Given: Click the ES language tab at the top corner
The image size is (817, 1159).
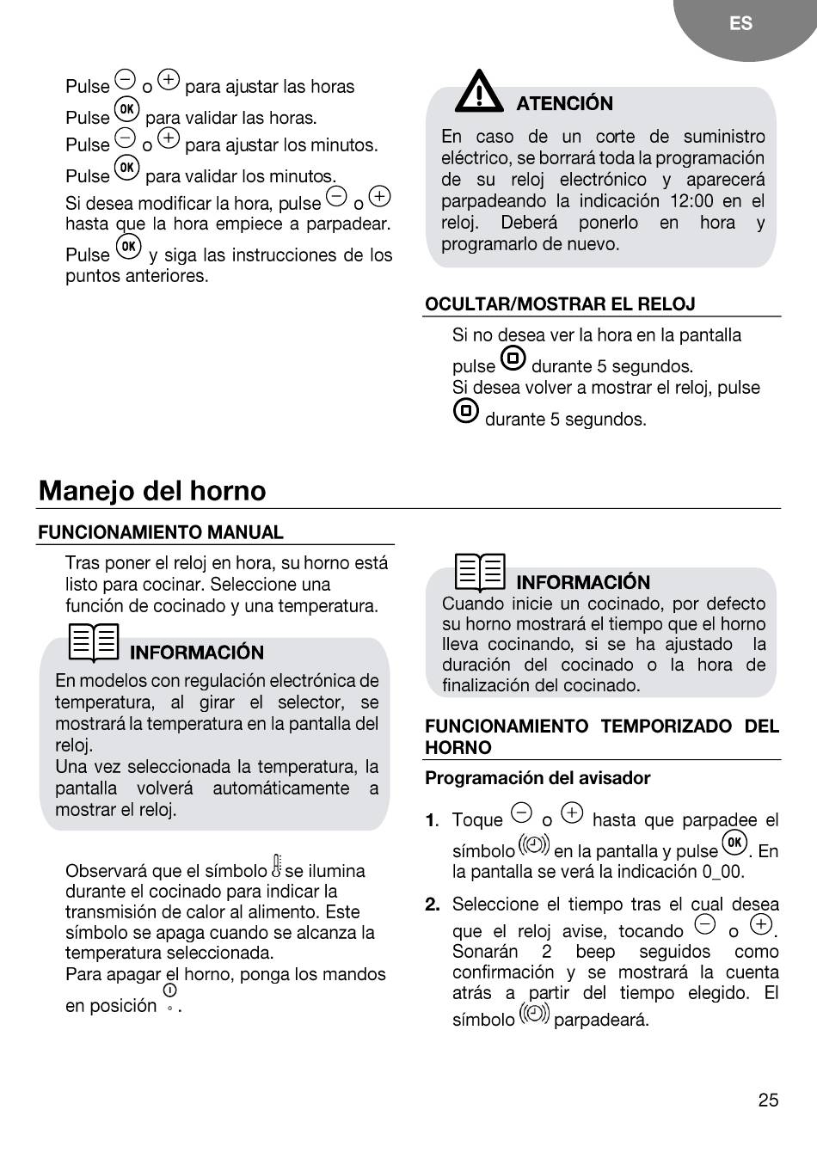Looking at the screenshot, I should pos(740,24).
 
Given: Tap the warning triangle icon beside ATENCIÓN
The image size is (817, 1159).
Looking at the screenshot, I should pos(479,92).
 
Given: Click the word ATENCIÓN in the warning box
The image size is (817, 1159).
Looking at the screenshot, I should pos(564,104).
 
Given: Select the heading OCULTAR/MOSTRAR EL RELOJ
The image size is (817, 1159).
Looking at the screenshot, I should pos(560,304).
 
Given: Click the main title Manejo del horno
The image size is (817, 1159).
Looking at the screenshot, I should pos(152,491).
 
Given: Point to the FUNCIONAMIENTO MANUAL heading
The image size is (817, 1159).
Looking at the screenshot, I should pos(160,533).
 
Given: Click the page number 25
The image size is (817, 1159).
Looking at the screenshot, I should pos(768,1101).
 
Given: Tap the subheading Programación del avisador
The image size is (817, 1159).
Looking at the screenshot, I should pos(537,778).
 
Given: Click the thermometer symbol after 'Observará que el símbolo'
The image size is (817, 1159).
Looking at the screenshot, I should pos(277,865).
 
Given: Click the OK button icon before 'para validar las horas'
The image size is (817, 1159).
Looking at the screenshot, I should pos(126,109).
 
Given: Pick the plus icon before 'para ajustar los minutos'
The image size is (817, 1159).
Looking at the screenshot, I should pos(169,138).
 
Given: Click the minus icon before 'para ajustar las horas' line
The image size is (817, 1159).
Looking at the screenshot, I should pos(126,80).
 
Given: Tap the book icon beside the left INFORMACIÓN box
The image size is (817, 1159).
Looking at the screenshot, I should pos(94,642).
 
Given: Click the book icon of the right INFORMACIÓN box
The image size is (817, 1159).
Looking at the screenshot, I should pos(480,572).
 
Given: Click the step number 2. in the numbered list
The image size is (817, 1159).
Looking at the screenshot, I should pos(433,905).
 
